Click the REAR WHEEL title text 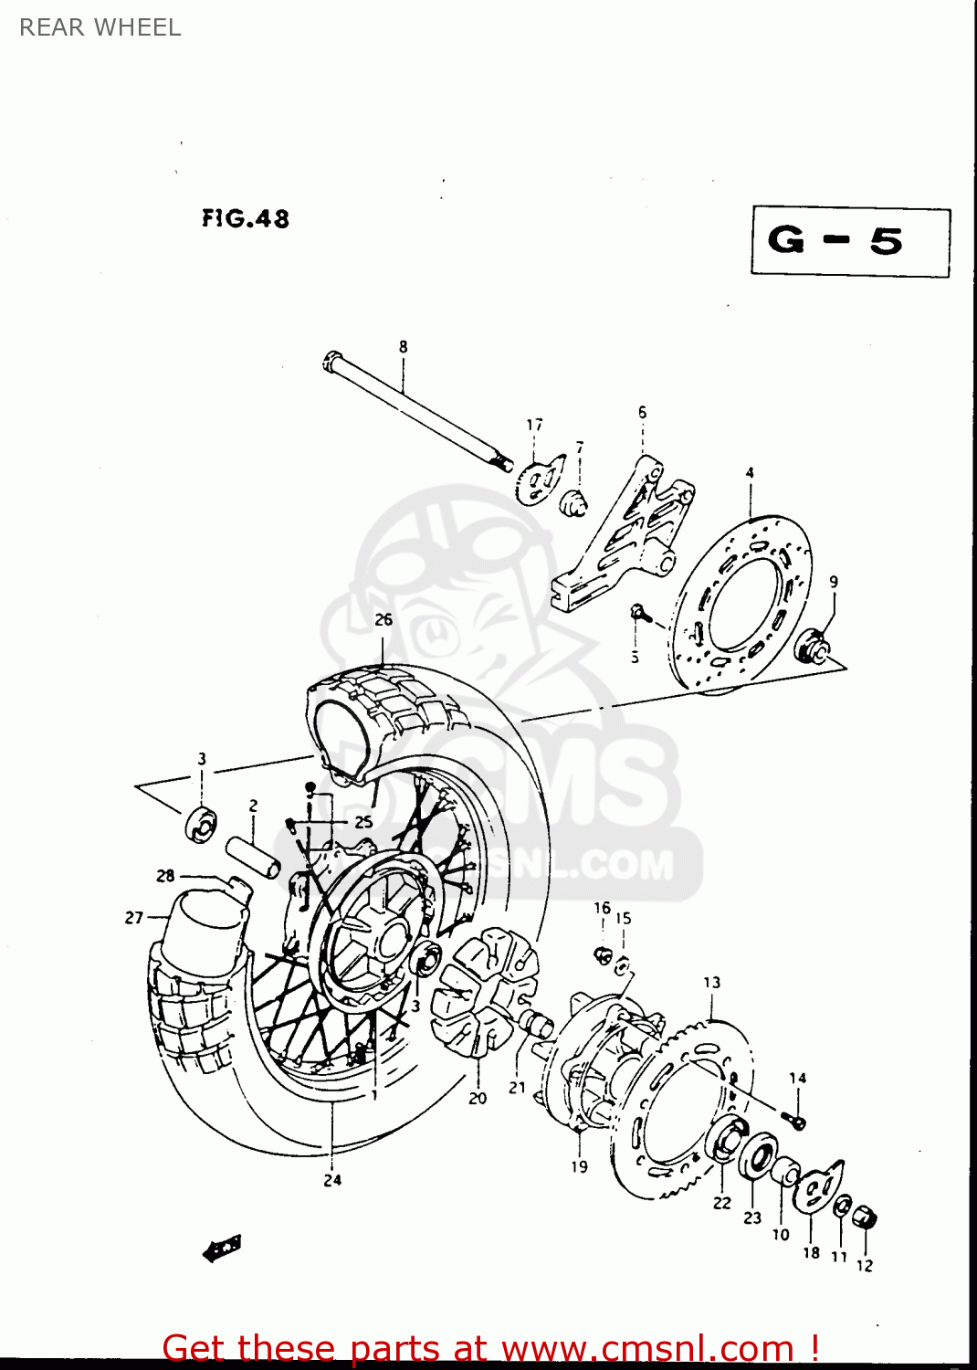click(100, 27)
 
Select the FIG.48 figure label click(246, 218)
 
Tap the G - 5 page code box click(850, 242)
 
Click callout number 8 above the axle click(403, 347)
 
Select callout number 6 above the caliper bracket click(642, 413)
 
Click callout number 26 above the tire click(383, 619)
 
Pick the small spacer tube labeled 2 click(255, 856)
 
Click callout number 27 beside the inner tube click(134, 917)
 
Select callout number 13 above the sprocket click(711, 983)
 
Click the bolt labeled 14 click(793, 1119)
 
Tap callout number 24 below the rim click(332, 1180)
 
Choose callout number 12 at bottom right click(865, 1266)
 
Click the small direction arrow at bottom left click(222, 1249)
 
